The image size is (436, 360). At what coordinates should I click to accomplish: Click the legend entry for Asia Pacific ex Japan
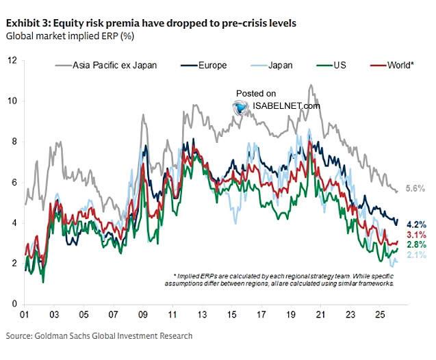pos(110,66)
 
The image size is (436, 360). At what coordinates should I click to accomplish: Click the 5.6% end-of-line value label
pos(416,189)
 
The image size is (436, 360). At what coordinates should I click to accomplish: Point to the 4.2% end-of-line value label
pos(416,224)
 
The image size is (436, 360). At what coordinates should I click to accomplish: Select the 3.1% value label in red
pos(416,235)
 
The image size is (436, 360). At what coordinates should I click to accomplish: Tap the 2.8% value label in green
pos(416,244)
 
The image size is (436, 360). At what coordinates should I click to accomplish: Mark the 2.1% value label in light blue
pos(416,255)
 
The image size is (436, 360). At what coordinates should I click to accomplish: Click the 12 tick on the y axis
pos(12,60)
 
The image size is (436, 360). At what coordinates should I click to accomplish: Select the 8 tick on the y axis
pos(14,142)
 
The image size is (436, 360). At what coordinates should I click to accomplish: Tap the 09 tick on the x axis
pos(143,318)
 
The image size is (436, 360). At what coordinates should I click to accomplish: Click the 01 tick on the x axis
pos(25,318)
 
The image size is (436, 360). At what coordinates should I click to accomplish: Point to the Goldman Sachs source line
pos(99,336)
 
